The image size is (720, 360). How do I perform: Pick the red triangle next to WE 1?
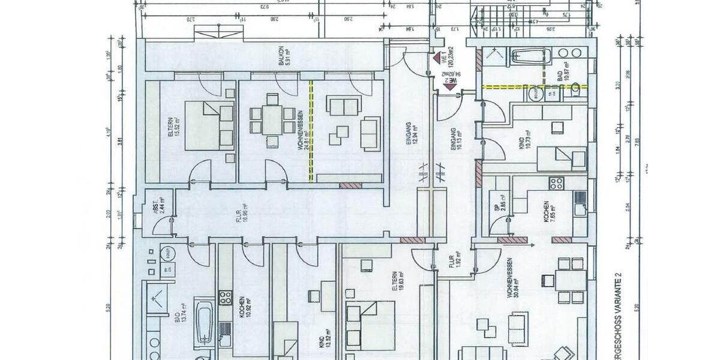[436, 59]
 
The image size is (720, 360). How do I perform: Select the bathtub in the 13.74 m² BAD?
[205, 325]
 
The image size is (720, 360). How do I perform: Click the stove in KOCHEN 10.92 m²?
[225, 298]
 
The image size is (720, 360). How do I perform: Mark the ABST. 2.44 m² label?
[158, 206]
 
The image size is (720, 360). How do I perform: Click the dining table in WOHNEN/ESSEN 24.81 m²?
[272, 119]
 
